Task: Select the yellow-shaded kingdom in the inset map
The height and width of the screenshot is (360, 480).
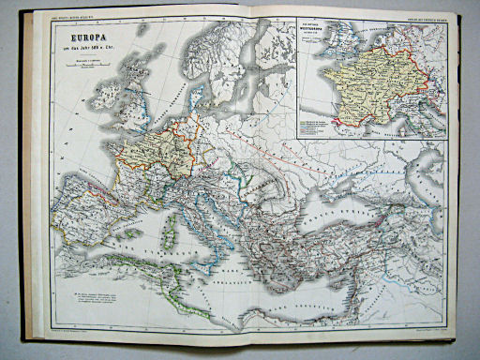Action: [361, 84]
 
